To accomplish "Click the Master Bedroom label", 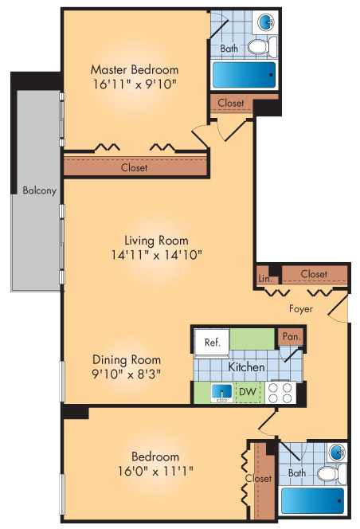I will tap(134, 69).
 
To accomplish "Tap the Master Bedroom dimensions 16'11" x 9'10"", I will tap(134, 83).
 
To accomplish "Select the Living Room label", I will tap(156, 241).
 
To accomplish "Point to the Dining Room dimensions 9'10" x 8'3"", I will tap(127, 373).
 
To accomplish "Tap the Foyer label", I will tap(301, 308).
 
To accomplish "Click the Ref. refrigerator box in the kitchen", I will tap(212, 343).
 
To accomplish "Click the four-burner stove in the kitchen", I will tap(281, 392).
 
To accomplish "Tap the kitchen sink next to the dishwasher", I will tap(223, 392).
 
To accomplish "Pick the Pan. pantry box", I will tap(289, 337).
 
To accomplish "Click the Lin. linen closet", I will tap(264, 278).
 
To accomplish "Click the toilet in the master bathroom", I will tap(258, 47).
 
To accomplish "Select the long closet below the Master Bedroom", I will tap(135, 167).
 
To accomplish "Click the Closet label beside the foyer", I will tap(314, 274).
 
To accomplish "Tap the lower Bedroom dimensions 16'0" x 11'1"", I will tap(155, 471).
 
